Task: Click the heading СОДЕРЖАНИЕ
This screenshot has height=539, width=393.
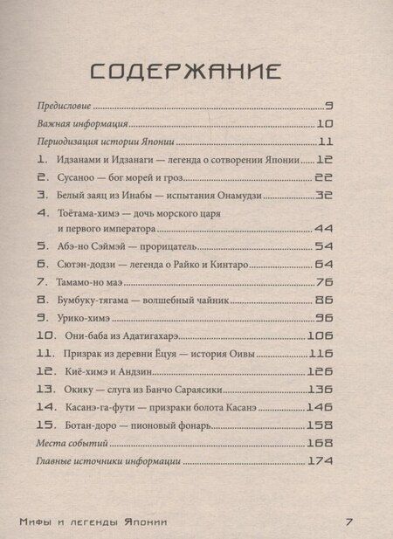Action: click(196, 69)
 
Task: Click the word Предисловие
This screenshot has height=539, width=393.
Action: click(66, 105)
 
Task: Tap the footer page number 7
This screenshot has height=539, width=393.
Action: click(348, 522)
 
